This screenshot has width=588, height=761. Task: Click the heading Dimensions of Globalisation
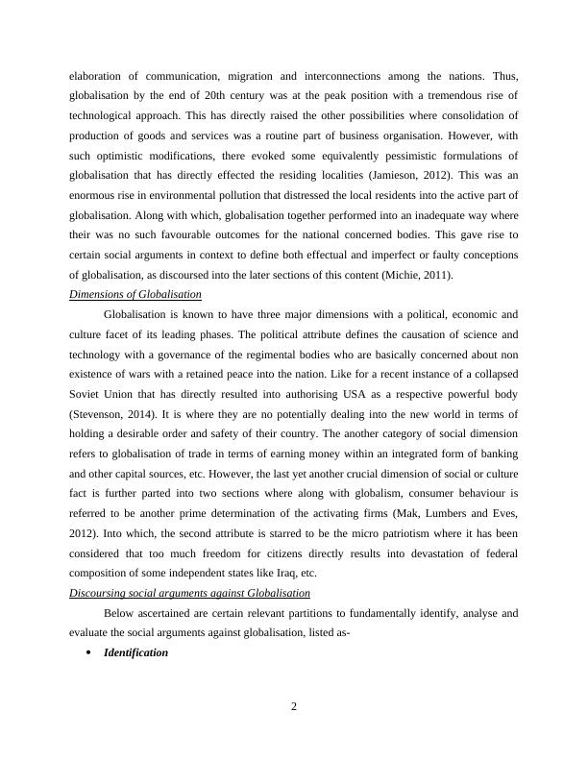(x=135, y=294)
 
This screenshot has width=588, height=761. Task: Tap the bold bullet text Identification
(x=135, y=652)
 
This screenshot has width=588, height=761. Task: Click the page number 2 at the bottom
(x=294, y=708)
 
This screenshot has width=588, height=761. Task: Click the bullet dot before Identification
(x=88, y=652)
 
